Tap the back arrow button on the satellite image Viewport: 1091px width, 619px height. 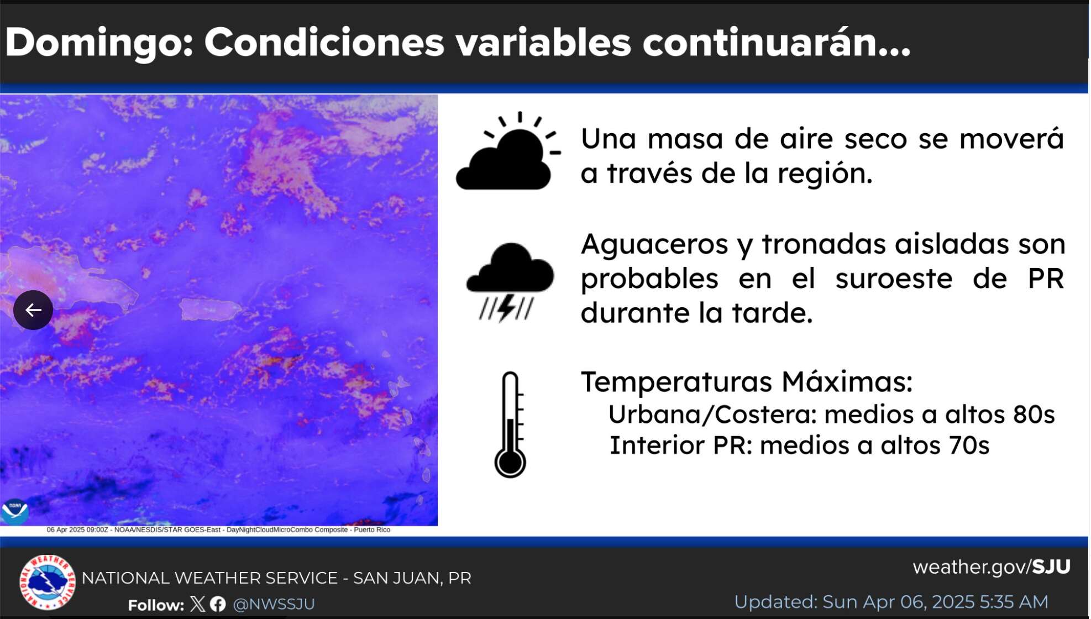(x=33, y=310)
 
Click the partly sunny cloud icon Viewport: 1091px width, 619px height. (x=508, y=151)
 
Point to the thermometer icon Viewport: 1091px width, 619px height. (x=510, y=424)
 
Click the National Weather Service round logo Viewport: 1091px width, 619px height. (x=47, y=582)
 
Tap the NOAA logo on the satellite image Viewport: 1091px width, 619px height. (x=15, y=512)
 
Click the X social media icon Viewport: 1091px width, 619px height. (x=197, y=604)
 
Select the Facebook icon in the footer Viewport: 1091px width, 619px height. (x=218, y=604)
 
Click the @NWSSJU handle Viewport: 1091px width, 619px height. (x=274, y=604)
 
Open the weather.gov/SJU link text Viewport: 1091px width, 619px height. (x=992, y=567)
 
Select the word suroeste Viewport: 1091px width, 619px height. (x=894, y=279)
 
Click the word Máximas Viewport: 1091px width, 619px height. (x=847, y=381)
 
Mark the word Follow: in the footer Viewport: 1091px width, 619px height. (x=156, y=605)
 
